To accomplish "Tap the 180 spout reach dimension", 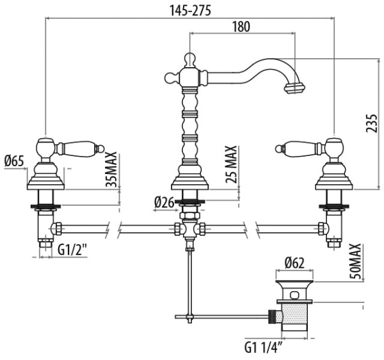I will [x=241, y=27].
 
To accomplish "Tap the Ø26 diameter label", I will [x=164, y=203].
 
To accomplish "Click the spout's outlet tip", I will [x=294, y=86].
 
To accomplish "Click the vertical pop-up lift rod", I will [x=189, y=281].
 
